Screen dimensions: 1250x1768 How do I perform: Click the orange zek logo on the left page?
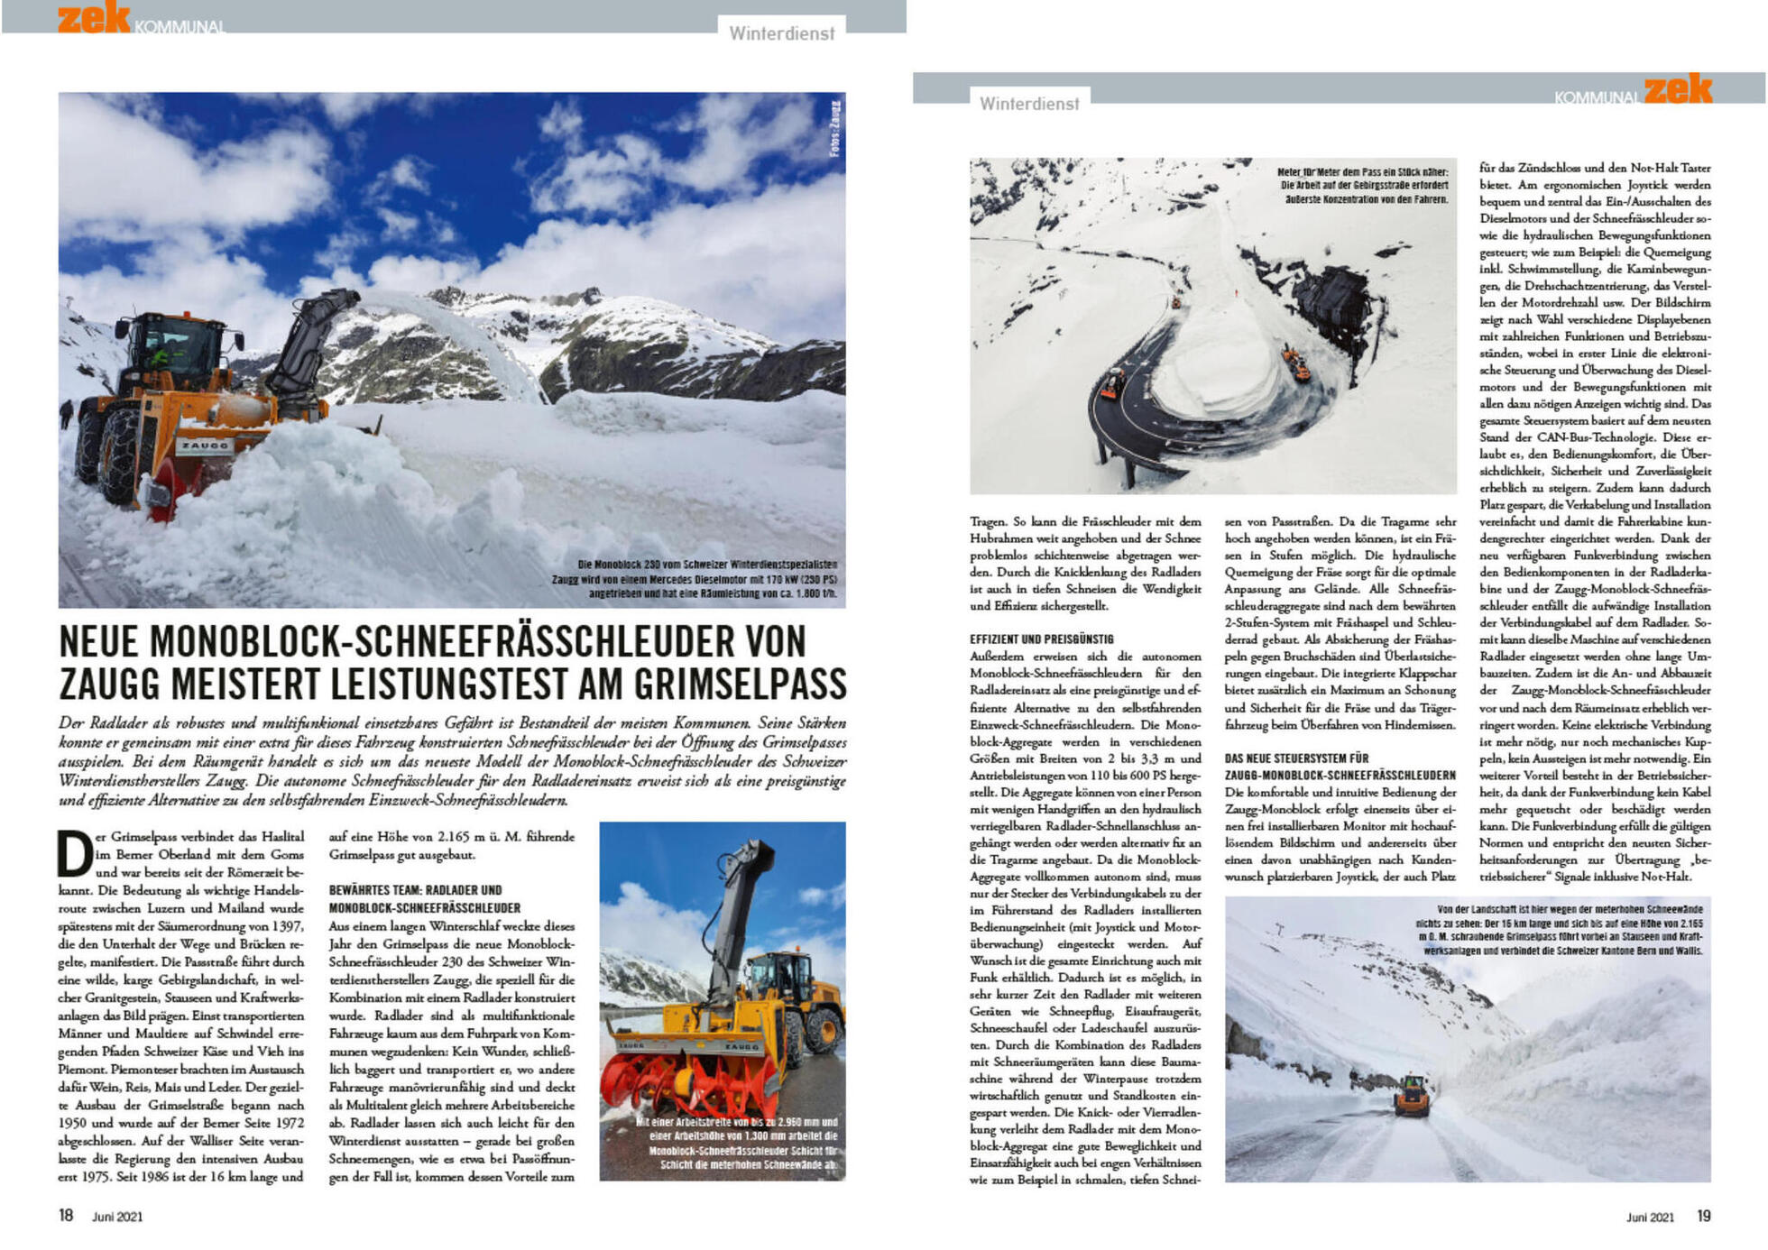(x=94, y=17)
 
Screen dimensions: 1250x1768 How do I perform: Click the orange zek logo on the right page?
(x=1677, y=88)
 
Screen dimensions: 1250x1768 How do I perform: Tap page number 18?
(x=66, y=1215)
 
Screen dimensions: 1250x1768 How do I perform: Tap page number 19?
(x=1703, y=1216)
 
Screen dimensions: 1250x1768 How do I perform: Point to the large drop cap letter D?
(x=75, y=853)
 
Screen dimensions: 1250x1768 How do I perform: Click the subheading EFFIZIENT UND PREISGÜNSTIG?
(x=1041, y=639)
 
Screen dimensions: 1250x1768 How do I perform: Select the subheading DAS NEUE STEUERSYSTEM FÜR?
(x=1296, y=758)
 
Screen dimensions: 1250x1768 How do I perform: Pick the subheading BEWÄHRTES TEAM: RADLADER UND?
(x=415, y=889)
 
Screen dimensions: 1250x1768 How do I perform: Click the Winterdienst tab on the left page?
(x=781, y=33)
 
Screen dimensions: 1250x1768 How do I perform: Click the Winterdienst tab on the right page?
(x=1029, y=104)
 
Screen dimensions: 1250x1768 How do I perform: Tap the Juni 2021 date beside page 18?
(x=117, y=1217)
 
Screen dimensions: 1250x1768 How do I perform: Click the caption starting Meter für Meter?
(x=1362, y=185)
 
